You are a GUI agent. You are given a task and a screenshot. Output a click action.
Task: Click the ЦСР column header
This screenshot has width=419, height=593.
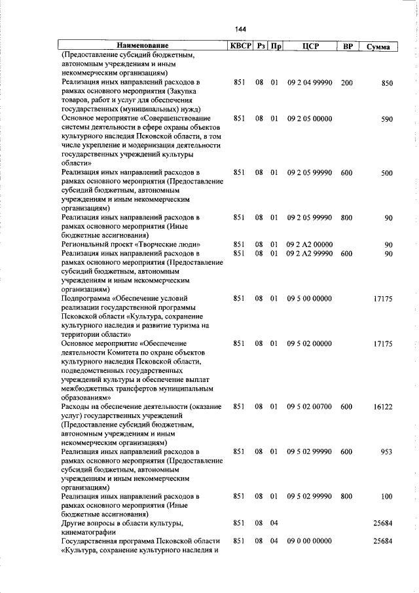[x=310, y=46]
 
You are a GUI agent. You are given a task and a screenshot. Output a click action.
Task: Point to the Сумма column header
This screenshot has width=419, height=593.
[x=378, y=47]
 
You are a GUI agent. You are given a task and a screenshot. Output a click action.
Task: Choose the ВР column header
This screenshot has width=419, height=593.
[x=347, y=46]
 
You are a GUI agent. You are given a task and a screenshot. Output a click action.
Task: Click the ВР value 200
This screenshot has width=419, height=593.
[x=347, y=83]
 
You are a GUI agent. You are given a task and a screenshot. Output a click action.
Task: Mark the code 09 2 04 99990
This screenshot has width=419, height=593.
[x=310, y=83]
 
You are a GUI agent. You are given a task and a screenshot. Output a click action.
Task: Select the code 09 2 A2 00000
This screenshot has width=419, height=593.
[x=310, y=244]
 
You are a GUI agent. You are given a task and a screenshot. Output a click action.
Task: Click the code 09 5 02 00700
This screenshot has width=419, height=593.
[x=310, y=406]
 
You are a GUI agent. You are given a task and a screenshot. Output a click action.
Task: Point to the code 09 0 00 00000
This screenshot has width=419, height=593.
[x=310, y=541]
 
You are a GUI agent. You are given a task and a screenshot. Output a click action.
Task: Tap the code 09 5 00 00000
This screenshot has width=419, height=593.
[x=310, y=298]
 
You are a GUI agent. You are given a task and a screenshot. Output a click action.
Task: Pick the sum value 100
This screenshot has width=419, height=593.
[x=386, y=496]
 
